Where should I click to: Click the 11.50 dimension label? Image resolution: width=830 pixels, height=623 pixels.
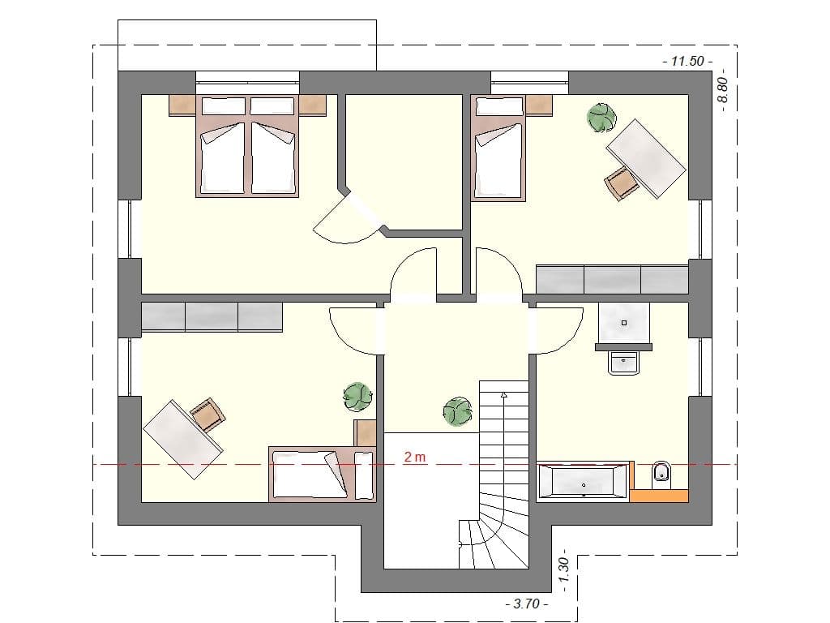687,62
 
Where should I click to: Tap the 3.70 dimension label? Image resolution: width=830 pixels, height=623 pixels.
526,604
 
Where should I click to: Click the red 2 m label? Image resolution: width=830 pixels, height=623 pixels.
415,458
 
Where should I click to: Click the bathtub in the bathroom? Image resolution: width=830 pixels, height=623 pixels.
583,481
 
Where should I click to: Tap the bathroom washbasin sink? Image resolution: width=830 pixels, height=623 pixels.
624,363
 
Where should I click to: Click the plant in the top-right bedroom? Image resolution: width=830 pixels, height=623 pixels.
601,118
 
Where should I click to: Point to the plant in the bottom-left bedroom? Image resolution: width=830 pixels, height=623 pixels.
357,397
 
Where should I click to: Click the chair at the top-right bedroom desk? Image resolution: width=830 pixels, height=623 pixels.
622,182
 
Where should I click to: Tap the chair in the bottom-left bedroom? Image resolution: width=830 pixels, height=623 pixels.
207,415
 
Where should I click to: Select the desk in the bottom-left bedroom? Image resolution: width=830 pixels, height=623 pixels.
183,439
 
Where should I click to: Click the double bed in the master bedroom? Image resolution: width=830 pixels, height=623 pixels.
247,155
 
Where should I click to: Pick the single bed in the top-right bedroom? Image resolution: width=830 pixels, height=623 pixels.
498,154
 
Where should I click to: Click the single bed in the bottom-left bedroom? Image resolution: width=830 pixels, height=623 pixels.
312,474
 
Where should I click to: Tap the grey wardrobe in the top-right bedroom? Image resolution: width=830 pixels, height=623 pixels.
612,278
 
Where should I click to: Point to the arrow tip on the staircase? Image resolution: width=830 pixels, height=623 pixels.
504,394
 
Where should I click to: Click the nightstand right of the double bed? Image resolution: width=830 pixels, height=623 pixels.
312,105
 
